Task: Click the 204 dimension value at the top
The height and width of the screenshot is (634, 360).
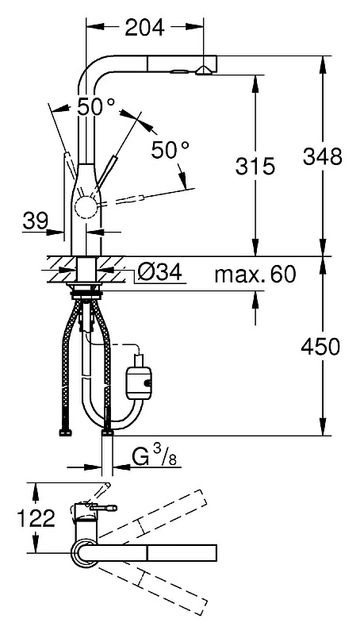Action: click(144, 28)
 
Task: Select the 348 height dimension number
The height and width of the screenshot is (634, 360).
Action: click(323, 156)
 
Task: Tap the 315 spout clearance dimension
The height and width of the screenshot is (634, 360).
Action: click(255, 166)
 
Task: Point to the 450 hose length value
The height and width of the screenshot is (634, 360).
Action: click(321, 347)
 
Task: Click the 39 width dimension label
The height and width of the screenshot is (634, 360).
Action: click(35, 221)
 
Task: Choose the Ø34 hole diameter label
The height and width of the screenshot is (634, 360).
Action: click(159, 272)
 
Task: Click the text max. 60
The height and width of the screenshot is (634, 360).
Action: click(255, 275)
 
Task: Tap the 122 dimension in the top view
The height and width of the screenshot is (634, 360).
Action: click(36, 518)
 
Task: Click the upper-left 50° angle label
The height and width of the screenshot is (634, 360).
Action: click(95, 107)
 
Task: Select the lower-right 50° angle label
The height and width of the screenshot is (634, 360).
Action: click(170, 150)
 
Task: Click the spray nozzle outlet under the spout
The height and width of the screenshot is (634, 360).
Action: click(203, 71)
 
